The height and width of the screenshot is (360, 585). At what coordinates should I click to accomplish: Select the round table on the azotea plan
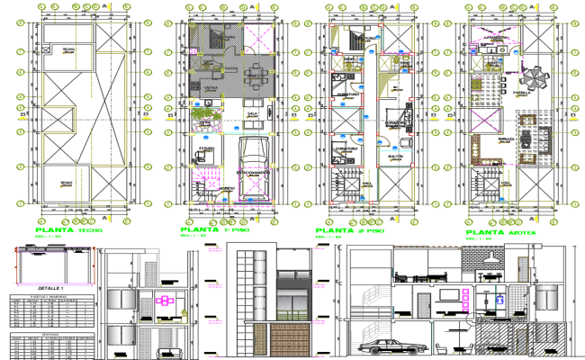pos(535,79)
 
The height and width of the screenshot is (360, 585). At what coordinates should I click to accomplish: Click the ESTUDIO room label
pos(207,148)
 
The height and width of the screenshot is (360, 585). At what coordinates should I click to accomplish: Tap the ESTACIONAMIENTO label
pos(255,172)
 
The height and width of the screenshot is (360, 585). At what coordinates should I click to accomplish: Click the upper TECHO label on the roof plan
pos(68,49)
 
